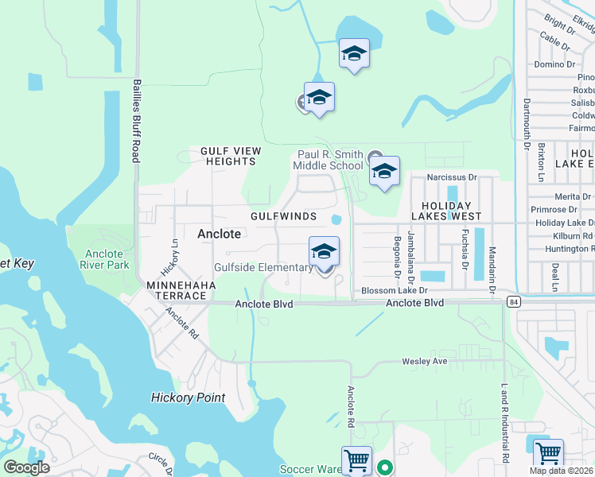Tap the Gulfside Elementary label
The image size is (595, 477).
pos(263,268)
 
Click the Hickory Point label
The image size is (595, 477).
pos(189,397)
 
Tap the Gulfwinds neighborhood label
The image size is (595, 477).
pos(283,216)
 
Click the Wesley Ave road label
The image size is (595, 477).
pos(425,361)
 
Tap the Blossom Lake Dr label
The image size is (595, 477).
pos(390,292)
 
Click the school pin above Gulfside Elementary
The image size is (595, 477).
pos(324,251)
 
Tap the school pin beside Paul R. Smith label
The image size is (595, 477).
pos(384,171)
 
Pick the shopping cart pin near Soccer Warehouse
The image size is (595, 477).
pos(356,460)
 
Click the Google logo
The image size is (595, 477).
pos(27,467)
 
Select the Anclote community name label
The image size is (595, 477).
pos(219,234)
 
